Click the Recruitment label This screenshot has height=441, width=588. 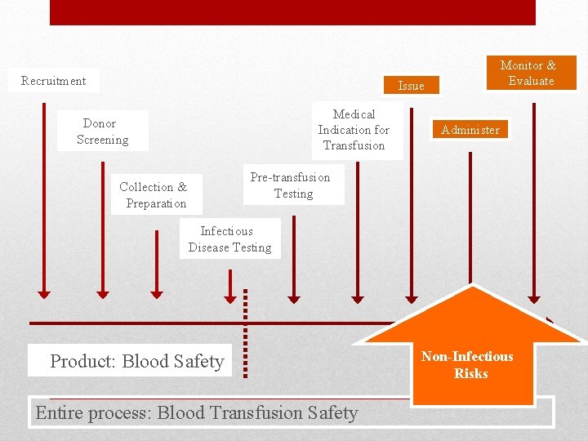tap(53, 81)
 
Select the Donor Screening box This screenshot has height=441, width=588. tap(102, 131)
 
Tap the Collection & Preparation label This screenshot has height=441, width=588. tap(154, 195)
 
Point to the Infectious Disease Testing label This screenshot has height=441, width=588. tap(229, 239)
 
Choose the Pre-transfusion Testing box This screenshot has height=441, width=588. tap(291, 185)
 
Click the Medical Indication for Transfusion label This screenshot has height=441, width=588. tap(354, 130)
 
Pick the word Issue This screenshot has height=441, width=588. tap(411, 86)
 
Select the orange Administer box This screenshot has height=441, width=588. tap(470, 130)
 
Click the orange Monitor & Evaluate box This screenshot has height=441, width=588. tap(530, 73)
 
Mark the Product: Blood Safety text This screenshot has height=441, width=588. tap(136, 361)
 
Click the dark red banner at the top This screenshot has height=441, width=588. tap(292, 12)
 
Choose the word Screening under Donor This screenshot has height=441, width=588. tap(102, 140)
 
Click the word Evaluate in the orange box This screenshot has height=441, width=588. tap(531, 81)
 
